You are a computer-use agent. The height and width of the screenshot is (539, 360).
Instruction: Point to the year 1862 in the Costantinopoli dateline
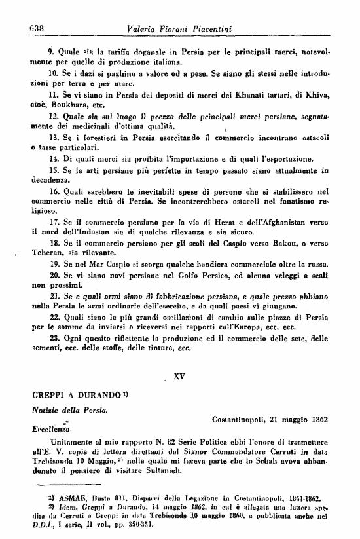[x=315, y=419]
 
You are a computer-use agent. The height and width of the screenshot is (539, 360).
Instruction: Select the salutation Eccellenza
[x=52, y=430]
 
